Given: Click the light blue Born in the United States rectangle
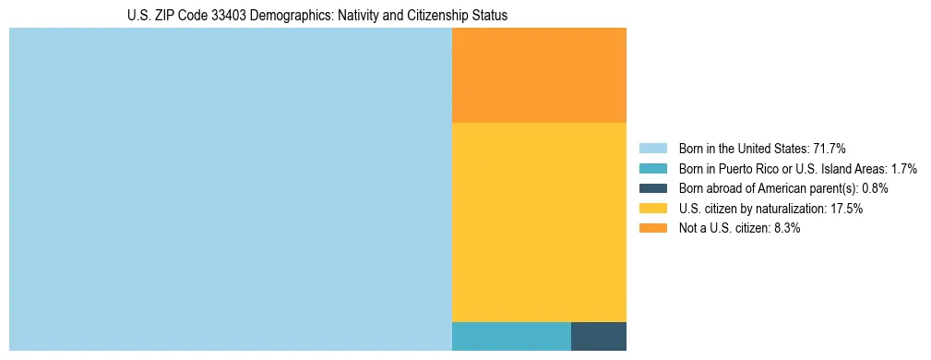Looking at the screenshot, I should (230, 189).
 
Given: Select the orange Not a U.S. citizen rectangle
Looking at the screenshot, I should (539, 75).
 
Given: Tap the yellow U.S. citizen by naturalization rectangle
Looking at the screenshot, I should (539, 222).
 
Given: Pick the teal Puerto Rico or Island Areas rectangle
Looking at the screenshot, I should (511, 336).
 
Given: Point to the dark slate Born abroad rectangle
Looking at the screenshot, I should (599, 336).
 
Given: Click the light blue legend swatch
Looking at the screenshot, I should (653, 148).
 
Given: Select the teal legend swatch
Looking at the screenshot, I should (653, 168).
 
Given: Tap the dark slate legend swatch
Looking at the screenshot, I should (653, 188).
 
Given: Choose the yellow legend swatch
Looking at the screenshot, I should (653, 209).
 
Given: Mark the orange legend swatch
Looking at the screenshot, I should (653, 228).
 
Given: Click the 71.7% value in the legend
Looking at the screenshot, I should (830, 148).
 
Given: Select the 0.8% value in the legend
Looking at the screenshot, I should (875, 188).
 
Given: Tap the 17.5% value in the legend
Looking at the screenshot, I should (846, 209).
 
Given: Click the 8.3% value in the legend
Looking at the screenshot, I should (786, 228).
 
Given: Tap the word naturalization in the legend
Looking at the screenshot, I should (788, 209).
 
